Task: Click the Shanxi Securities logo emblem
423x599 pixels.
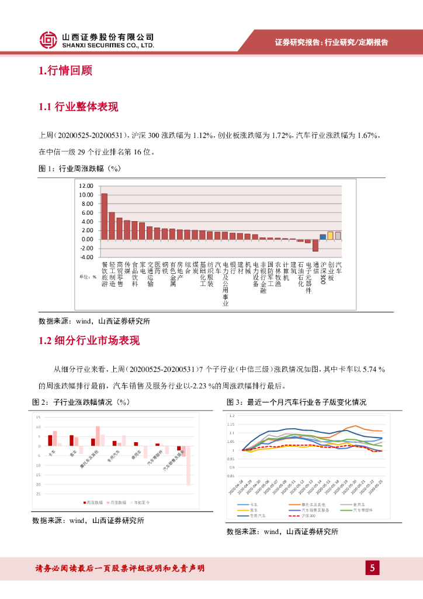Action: click(48, 40)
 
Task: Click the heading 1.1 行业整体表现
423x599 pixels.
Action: click(78, 107)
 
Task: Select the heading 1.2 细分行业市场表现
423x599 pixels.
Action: click(89, 341)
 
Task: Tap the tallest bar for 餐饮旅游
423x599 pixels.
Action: click(104, 216)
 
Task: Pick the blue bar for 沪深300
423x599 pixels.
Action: click(323, 236)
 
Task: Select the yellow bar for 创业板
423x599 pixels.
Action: click(330, 235)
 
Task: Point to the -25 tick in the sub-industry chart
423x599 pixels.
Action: click(38, 494)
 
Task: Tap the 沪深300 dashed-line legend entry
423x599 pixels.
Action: click(304, 516)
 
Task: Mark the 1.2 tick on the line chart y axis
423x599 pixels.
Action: click(232, 416)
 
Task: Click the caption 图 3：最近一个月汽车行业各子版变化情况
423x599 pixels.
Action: click(296, 402)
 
